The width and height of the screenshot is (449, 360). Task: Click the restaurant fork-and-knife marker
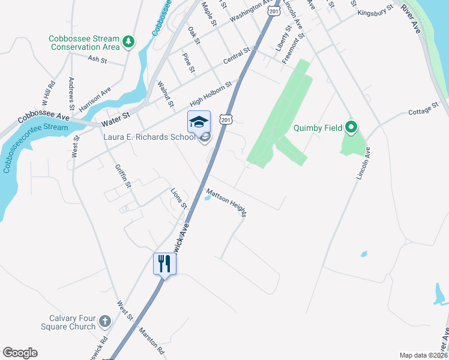pos(164,263)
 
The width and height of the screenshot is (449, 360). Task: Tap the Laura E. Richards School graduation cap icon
pos(199,122)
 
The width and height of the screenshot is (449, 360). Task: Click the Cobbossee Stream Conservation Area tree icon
pos(128,41)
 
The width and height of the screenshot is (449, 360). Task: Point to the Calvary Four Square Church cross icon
pos(104,322)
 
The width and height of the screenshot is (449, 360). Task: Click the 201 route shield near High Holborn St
pos(225,119)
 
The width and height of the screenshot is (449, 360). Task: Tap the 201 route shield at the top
pos(274,11)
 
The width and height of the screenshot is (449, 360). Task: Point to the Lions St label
pos(175,198)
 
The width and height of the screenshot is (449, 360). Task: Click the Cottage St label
pos(424,112)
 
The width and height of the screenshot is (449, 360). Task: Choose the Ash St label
pos(97,59)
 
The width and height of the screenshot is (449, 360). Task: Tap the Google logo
pos(20,353)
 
